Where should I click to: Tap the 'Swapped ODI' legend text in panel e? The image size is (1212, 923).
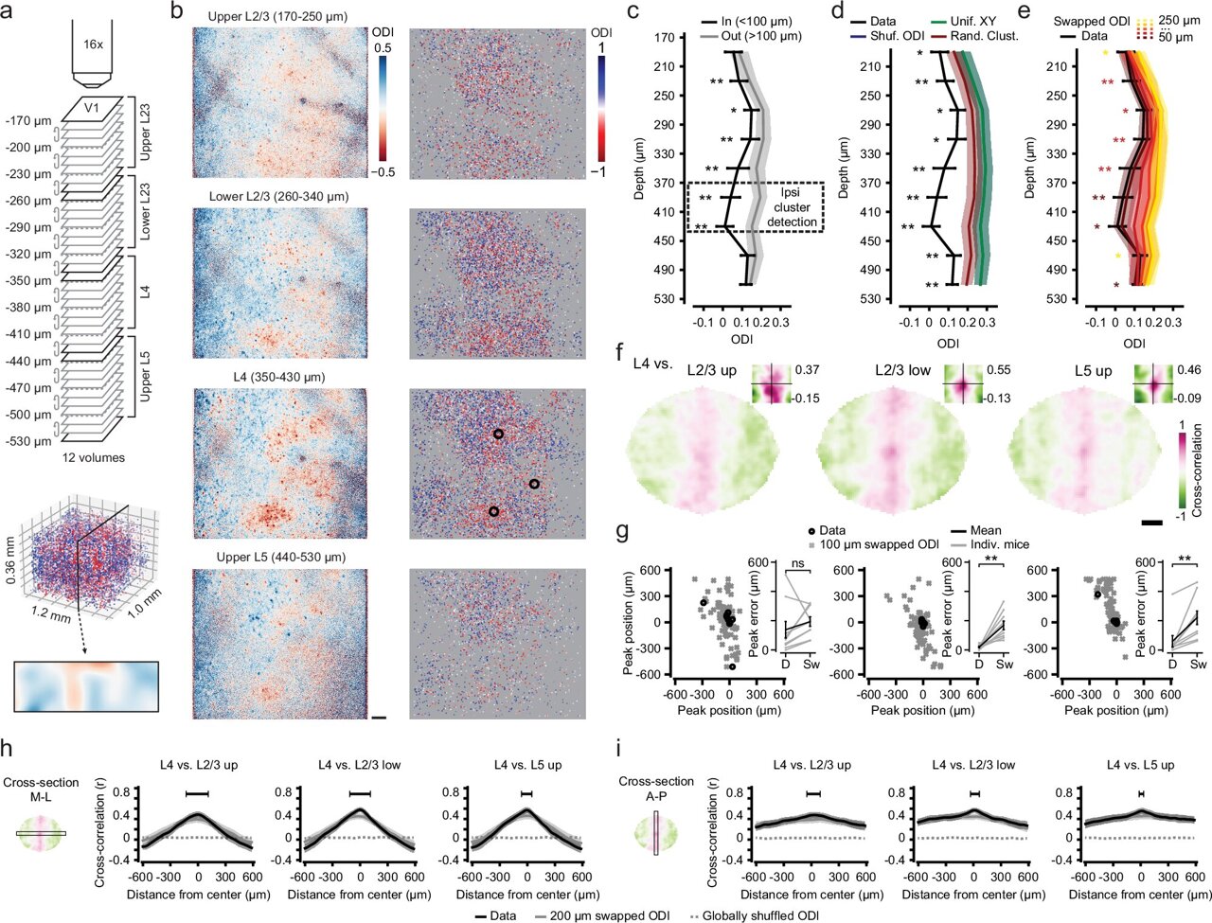(1088, 19)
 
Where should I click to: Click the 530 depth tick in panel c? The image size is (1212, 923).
(661, 299)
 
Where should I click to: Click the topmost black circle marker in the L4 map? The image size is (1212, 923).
(498, 435)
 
